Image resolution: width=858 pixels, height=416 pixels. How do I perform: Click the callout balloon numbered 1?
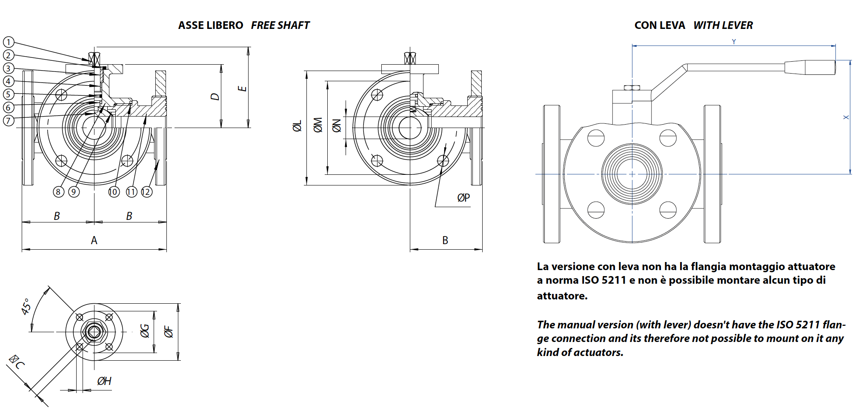(x=9, y=42)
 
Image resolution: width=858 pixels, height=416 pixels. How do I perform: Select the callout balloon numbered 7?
(x=9, y=120)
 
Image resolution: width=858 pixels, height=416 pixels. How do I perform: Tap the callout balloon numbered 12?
(x=146, y=192)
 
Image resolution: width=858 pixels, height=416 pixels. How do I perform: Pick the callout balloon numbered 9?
(x=74, y=192)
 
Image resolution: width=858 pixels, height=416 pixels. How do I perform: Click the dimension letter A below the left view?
(x=94, y=240)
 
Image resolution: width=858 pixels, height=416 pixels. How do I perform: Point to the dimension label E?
(x=242, y=88)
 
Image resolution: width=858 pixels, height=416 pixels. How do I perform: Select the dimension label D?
(x=215, y=97)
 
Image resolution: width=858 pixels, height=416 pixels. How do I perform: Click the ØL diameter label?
(x=297, y=126)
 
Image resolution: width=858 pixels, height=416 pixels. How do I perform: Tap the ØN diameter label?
(x=337, y=126)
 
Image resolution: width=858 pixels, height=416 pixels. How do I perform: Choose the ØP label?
(x=463, y=198)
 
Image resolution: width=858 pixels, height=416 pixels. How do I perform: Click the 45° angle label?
(x=26, y=306)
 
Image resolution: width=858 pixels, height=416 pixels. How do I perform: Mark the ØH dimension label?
(x=104, y=381)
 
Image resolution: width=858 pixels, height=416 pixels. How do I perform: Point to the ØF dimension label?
(x=169, y=332)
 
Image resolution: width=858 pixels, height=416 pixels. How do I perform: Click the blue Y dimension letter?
(x=734, y=42)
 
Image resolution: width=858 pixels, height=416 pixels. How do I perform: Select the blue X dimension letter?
(x=846, y=117)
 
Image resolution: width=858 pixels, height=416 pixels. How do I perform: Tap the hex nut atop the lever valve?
(x=632, y=88)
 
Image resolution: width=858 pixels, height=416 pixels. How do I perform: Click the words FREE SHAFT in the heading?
(x=280, y=26)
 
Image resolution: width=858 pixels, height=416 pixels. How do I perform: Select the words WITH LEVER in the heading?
(x=723, y=26)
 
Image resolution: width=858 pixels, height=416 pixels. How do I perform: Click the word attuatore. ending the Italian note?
(x=562, y=296)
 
